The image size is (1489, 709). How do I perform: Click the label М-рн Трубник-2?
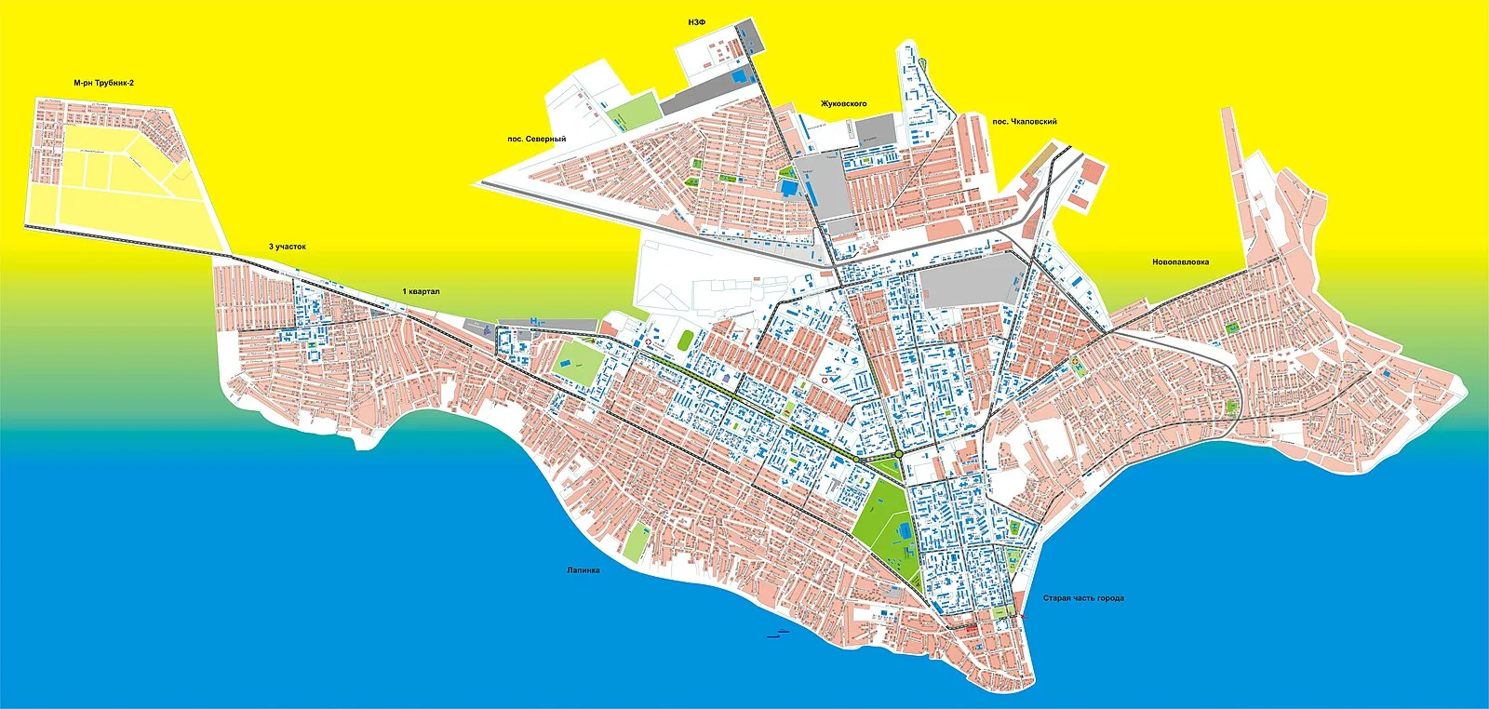tap(103, 83)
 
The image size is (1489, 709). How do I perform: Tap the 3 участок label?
tap(287, 247)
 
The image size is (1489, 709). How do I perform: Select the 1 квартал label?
tap(421, 291)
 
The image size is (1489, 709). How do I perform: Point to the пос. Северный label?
tap(536, 140)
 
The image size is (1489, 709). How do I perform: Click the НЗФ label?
tap(696, 22)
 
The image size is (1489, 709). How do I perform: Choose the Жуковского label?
tap(843, 103)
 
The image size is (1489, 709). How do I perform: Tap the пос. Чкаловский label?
tap(1024, 122)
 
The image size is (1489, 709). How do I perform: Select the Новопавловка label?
tap(1180, 262)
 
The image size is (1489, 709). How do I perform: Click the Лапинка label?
tap(583, 570)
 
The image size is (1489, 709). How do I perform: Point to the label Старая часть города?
tap(1082, 598)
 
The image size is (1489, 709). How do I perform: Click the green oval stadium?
tap(686, 341)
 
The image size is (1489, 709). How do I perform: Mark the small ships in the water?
tap(777, 634)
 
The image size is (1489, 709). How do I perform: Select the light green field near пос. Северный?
tap(635, 112)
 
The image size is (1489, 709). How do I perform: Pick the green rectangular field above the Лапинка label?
tap(637, 542)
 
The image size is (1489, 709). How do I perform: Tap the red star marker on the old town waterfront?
tap(1023, 615)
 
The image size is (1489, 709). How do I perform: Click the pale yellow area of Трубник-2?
tap(121, 200)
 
